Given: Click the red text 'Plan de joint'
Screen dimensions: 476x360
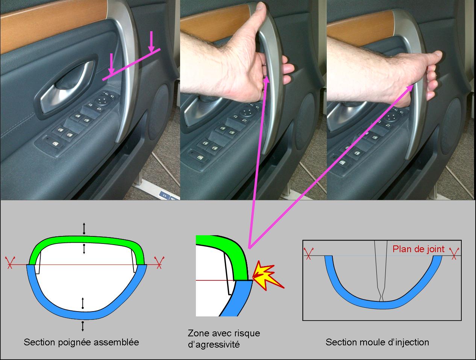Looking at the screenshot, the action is pos(418,249).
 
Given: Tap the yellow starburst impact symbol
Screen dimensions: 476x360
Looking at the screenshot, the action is pos(268,275).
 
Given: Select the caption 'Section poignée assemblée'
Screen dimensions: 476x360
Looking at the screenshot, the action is pos(81,342).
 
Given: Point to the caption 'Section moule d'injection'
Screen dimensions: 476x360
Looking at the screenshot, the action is pos(377,342).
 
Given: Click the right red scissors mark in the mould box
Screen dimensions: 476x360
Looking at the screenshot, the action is pos(454,253).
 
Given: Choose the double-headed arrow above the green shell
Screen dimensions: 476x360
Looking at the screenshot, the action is pos(84,228).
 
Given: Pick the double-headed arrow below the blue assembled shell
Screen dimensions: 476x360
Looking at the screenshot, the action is pos(83,327).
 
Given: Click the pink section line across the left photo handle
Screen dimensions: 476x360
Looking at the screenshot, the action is pos(132,65).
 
